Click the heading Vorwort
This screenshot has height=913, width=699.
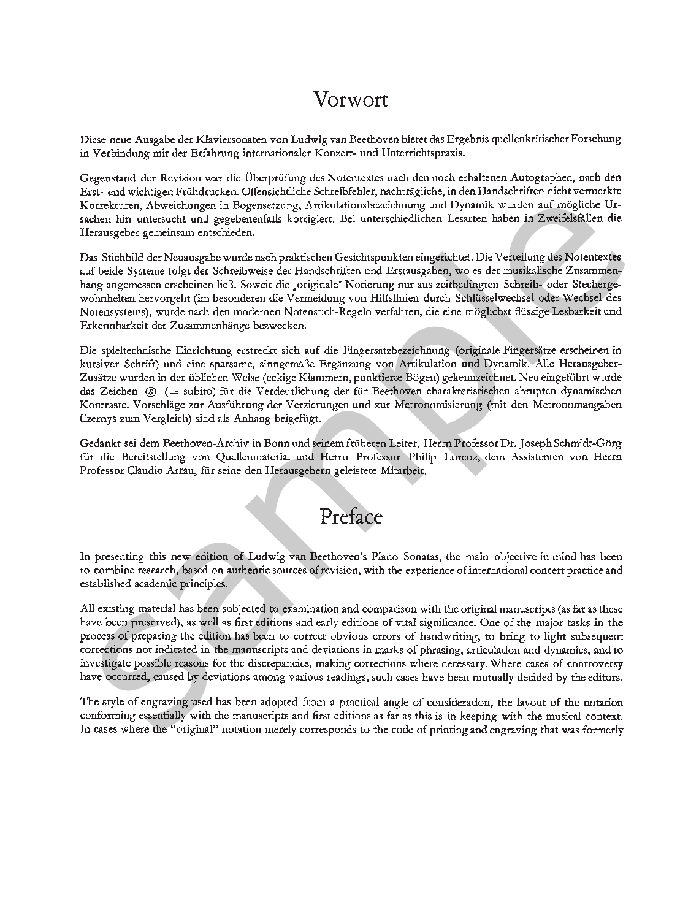point(351,99)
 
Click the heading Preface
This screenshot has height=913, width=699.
point(351,517)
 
